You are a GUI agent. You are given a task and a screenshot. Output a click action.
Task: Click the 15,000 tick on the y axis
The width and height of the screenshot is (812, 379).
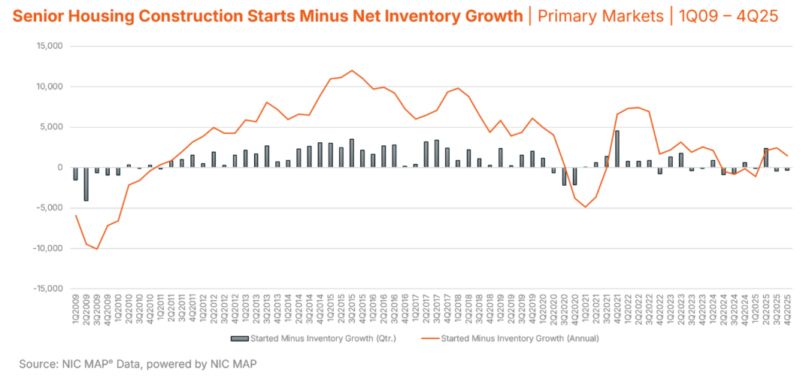(48, 47)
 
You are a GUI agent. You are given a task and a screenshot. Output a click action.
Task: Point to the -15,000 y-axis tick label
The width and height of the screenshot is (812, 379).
(47, 289)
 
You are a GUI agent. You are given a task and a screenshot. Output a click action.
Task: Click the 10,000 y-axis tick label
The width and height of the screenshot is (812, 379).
(48, 87)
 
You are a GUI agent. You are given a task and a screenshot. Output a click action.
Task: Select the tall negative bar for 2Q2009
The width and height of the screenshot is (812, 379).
(86, 184)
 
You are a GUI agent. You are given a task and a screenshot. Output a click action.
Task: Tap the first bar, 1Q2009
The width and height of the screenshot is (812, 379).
(75, 174)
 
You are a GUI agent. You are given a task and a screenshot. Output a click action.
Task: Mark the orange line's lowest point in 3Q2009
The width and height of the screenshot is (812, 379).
(96, 249)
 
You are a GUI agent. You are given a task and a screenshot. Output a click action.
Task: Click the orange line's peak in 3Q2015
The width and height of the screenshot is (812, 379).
(351, 71)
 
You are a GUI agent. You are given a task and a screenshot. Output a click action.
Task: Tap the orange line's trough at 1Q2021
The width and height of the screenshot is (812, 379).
(585, 207)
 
